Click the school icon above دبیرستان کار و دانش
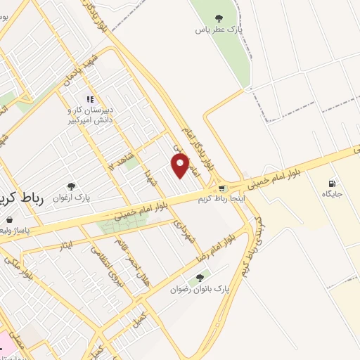[x=89, y=99]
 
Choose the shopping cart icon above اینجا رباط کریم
[x=222, y=188]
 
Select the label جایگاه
[x=331, y=193]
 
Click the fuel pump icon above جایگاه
[x=332, y=183]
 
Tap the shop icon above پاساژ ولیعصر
[x=9, y=219]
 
